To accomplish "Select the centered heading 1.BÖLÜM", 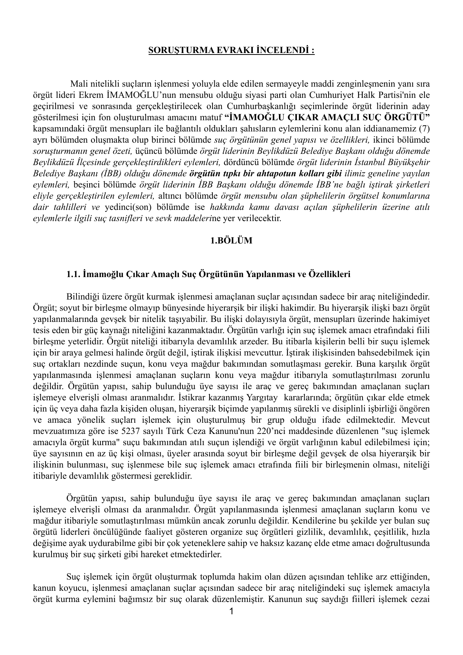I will [232, 240].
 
